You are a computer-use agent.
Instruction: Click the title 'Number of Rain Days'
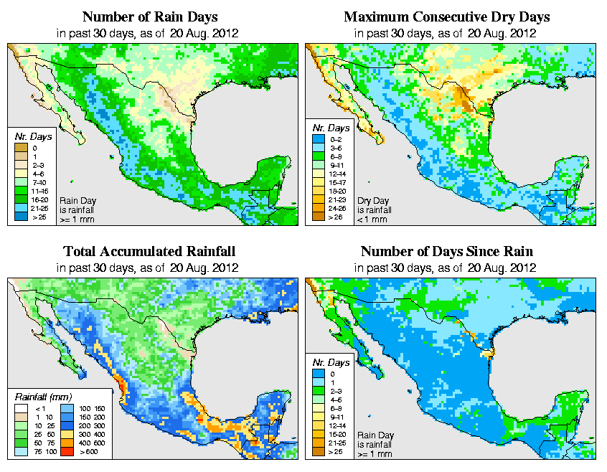[149, 16]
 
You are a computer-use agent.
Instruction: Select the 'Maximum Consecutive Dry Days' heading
[446, 16]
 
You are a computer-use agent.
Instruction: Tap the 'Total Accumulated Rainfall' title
[149, 251]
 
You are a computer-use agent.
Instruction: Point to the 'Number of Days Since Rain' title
[446, 251]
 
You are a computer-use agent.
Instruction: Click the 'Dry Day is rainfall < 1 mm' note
[374, 209]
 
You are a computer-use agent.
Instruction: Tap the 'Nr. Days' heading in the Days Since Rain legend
[331, 362]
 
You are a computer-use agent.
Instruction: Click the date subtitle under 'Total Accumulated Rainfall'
[149, 268]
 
